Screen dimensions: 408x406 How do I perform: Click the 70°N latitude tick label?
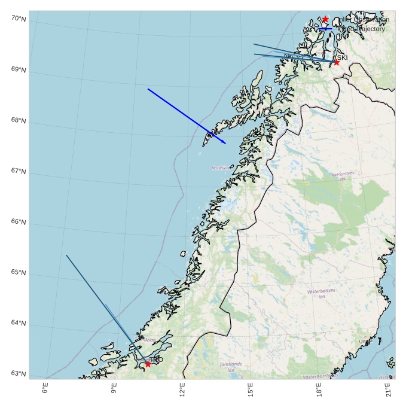tap(19, 19)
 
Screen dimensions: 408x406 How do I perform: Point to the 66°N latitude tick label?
tap(19, 222)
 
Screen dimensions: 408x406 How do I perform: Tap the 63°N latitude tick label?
tap(19, 374)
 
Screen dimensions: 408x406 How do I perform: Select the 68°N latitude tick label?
tap(19, 120)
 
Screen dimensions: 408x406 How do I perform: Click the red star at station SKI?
tap(336, 62)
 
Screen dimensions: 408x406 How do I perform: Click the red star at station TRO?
tap(148, 364)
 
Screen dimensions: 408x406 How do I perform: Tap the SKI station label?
tap(342, 57)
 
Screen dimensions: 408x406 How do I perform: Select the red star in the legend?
tap(325, 20)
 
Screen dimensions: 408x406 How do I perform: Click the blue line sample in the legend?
tap(325, 29)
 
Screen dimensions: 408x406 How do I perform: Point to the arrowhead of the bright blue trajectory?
tap(224, 143)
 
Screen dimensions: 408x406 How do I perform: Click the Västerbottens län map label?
tap(321, 294)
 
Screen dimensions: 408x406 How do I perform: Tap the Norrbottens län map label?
tap(343, 176)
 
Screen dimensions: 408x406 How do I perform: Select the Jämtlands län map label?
tap(231, 367)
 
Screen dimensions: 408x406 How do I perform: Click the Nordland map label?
tap(219, 168)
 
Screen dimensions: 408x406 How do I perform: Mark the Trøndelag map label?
tap(147, 340)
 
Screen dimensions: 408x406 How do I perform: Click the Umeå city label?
tap(364, 342)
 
